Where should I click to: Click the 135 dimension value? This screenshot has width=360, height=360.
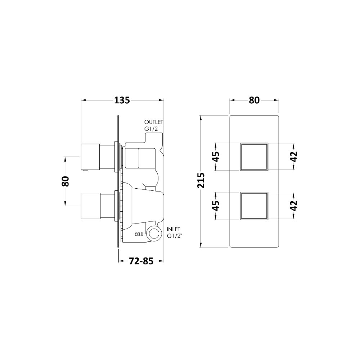(122, 100)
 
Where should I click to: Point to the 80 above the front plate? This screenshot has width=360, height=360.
(254, 100)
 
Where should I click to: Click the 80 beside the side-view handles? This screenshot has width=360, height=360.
(66, 181)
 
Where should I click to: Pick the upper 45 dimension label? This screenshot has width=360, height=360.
(216, 157)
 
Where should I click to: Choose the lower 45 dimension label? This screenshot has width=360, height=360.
(216, 206)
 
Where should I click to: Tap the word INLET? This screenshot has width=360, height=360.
(174, 229)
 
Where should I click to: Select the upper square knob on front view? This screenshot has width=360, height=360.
(254, 157)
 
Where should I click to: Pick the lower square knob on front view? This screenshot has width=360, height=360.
(254, 206)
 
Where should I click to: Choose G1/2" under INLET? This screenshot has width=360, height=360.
(175, 236)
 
